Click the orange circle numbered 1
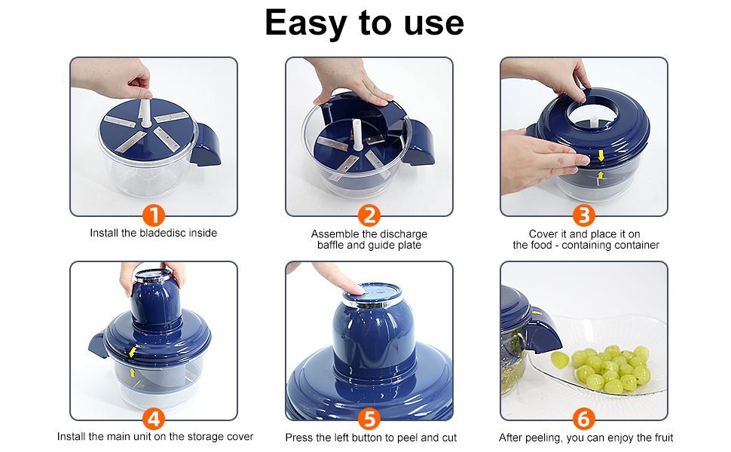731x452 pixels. click(x=154, y=215)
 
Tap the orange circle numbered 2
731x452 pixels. click(x=369, y=215)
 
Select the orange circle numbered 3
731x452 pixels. click(x=584, y=215)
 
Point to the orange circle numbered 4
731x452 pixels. click(x=154, y=419)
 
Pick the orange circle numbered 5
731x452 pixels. click(x=369, y=419)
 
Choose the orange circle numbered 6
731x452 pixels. click(x=584, y=419)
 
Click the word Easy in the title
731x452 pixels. click(x=305, y=23)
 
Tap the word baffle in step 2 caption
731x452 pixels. click(x=331, y=245)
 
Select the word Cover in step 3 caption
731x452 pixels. click(x=543, y=234)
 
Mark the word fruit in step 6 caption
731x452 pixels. click(x=662, y=438)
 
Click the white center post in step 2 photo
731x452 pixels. click(x=357, y=135)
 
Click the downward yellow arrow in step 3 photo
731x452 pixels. click(x=601, y=155)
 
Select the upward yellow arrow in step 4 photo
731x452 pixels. click(x=133, y=372)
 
